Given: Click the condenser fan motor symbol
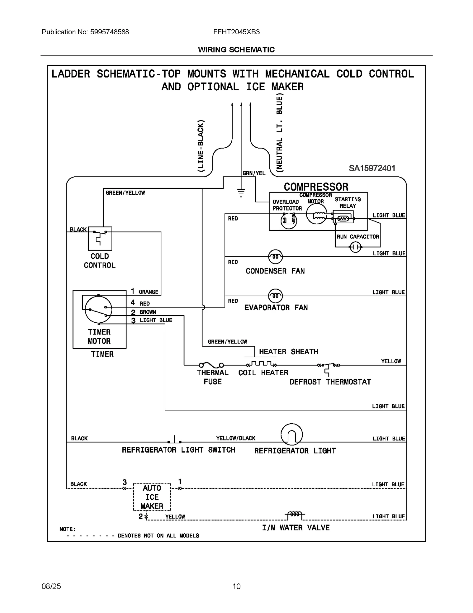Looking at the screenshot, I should (x=275, y=257).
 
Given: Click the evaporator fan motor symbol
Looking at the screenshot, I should (x=275, y=296).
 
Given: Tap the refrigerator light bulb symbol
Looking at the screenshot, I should (x=291, y=435).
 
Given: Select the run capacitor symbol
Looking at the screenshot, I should (x=355, y=247).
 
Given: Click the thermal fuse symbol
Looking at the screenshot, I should (x=211, y=365).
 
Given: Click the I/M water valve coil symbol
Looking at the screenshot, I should (x=295, y=514).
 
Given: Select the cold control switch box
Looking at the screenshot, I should (x=100, y=239).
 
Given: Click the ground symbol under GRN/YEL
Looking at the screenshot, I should (x=241, y=193).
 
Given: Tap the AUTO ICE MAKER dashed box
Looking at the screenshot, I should (x=152, y=497).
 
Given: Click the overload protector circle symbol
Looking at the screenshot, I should (x=289, y=221).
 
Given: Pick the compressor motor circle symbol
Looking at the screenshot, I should (x=316, y=214).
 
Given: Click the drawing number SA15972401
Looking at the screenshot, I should (x=372, y=168).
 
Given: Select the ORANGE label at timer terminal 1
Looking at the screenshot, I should (x=148, y=292).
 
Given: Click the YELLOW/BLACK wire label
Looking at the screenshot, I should (x=236, y=438).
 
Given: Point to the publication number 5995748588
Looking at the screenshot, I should (x=109, y=32).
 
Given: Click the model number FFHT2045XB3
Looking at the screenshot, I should (x=236, y=32).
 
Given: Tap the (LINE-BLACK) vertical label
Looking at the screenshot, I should (x=201, y=146).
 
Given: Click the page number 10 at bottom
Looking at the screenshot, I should (x=236, y=586).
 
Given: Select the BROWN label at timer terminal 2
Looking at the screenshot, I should (x=148, y=312).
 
